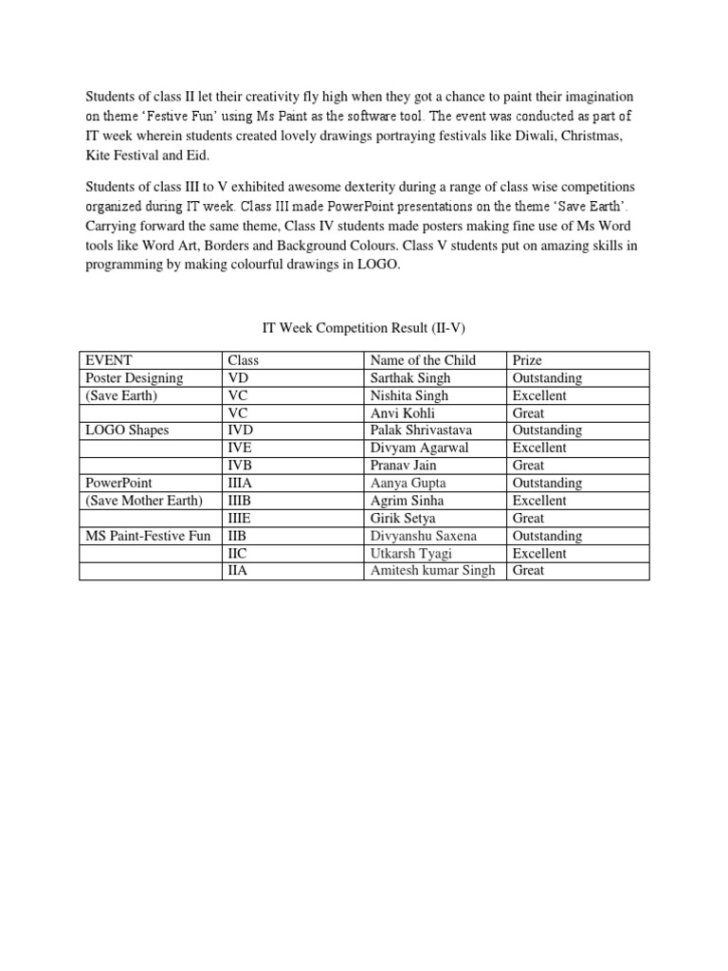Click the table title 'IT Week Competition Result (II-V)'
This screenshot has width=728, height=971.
coord(364,328)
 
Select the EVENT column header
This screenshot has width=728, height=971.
coord(109,360)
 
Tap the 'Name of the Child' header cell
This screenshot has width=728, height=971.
coord(423,360)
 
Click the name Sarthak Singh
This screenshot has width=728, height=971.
coord(409,377)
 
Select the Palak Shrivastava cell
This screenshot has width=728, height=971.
coord(421,431)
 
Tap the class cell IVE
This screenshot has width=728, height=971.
coord(241,448)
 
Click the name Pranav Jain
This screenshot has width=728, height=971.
coord(403,466)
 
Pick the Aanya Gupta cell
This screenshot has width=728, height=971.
coord(408,483)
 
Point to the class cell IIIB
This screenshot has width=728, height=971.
coord(243,501)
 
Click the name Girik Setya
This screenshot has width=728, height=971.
coord(403,518)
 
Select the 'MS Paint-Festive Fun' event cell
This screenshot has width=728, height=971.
coord(148,536)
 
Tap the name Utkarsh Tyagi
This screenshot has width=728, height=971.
coord(409,553)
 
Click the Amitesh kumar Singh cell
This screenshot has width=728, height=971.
coord(432,571)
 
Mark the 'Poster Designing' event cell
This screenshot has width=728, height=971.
coord(134,377)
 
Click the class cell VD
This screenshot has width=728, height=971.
coord(238,377)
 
